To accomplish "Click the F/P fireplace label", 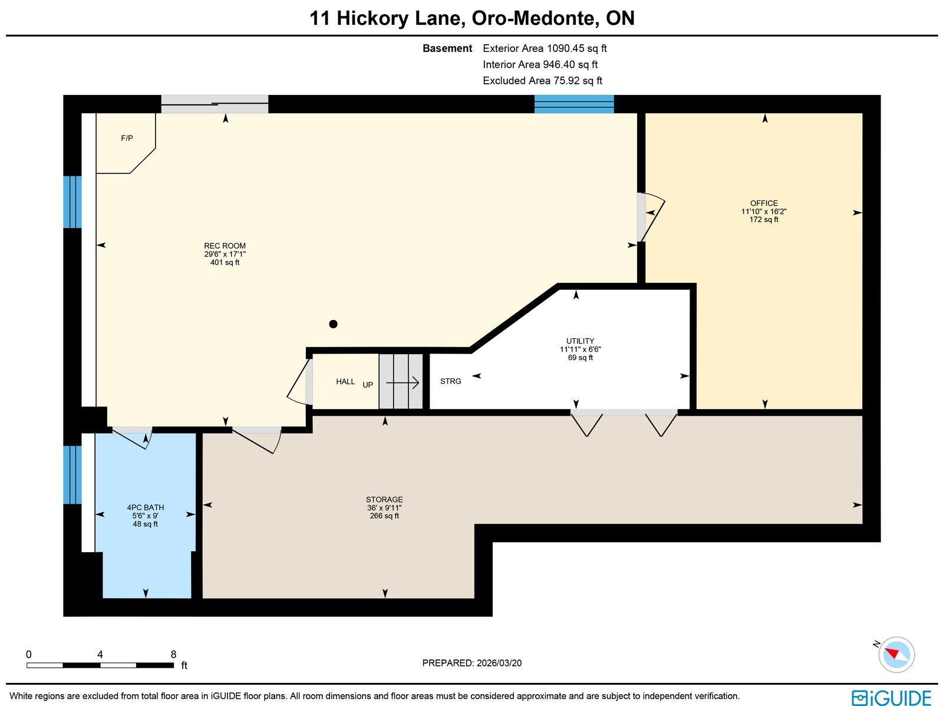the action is click(x=127, y=138).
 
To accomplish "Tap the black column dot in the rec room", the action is click(x=333, y=324).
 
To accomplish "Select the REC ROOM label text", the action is click(x=225, y=246).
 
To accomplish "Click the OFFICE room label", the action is click(x=764, y=203).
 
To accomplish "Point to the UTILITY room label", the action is click(x=580, y=341).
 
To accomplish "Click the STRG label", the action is click(x=451, y=381).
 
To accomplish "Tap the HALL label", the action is click(x=345, y=381).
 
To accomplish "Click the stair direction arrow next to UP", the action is click(x=403, y=382).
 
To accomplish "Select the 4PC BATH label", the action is click(x=145, y=507).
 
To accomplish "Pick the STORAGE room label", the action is click(x=384, y=499).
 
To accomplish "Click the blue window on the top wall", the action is click(x=574, y=104).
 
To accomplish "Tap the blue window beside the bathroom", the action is click(x=72, y=474).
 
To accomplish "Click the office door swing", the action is click(x=652, y=217).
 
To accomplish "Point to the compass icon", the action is click(x=896, y=655).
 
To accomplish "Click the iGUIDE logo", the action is click(x=891, y=697).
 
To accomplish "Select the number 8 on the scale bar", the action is click(x=173, y=654).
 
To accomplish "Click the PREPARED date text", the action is click(x=471, y=663).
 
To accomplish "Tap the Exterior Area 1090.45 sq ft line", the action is click(x=545, y=48).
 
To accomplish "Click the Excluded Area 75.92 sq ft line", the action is click(x=542, y=80).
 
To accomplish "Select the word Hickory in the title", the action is click(x=372, y=19).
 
